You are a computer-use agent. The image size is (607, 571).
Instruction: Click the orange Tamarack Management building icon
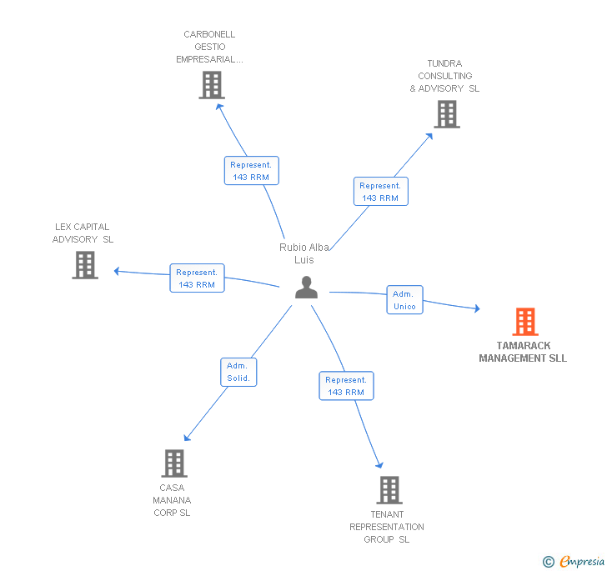[524, 322]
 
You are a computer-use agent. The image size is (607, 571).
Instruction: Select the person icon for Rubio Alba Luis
[307, 288]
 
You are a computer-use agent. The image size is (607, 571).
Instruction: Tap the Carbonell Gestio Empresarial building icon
[212, 85]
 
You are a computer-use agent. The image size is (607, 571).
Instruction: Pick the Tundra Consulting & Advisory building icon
[447, 114]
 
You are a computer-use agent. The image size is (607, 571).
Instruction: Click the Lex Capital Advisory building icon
[85, 265]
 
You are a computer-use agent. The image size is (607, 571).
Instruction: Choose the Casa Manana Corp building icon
[173, 463]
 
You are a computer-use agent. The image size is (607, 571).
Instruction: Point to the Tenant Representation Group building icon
[389, 490]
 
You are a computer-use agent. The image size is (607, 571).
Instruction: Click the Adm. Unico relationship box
[404, 300]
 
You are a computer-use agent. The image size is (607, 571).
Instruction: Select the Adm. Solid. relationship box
[238, 372]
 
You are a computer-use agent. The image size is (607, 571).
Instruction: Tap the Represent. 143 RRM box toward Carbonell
[251, 171]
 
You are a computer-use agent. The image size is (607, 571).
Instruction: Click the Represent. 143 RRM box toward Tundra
[380, 192]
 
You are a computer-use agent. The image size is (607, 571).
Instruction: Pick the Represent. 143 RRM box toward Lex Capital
[197, 278]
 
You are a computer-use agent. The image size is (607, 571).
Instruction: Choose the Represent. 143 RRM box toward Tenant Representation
[346, 386]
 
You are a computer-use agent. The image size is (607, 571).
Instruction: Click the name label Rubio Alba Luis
[304, 253]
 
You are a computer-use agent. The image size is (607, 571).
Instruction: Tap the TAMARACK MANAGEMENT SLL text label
[523, 352]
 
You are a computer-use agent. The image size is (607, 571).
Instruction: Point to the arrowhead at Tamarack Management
[477, 309]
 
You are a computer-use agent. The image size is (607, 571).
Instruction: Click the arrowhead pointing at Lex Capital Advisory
[118, 270]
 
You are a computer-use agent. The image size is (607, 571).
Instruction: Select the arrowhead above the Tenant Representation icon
[379, 465]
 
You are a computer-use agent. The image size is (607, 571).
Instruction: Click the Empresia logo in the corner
[574, 562]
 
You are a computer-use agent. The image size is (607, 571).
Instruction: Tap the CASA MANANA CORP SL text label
[172, 500]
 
